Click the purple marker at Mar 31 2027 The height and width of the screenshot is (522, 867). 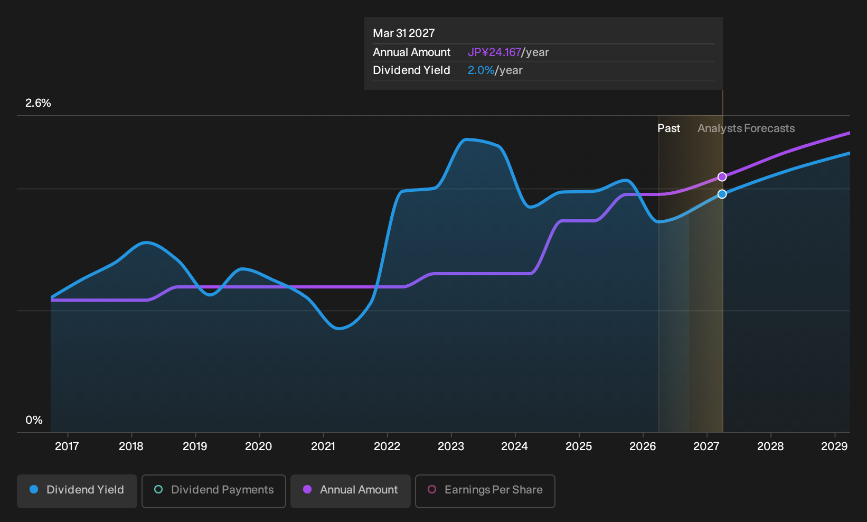coord(722,177)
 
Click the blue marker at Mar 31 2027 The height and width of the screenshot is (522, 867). coord(722,194)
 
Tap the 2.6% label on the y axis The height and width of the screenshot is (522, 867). coord(38,103)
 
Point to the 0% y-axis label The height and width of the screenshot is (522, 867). coord(34,420)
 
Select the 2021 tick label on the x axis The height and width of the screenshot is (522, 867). coord(323,446)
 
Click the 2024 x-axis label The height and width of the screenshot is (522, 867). coord(514,446)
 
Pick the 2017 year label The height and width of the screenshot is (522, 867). coord(67,446)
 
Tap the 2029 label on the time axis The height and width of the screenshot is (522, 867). coord(834,446)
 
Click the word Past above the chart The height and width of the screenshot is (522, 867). coord(669,128)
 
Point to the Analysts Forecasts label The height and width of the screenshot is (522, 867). coord(746,128)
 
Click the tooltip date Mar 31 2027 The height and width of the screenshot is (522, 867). coord(404,33)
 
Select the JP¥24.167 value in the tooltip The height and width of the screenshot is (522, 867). coord(494,52)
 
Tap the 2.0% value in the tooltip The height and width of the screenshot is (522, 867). coord(481,70)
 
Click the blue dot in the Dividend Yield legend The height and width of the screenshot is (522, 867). coord(34,489)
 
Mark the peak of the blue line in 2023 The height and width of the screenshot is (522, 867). coord(466,139)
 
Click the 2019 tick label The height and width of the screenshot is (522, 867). coord(195,446)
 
